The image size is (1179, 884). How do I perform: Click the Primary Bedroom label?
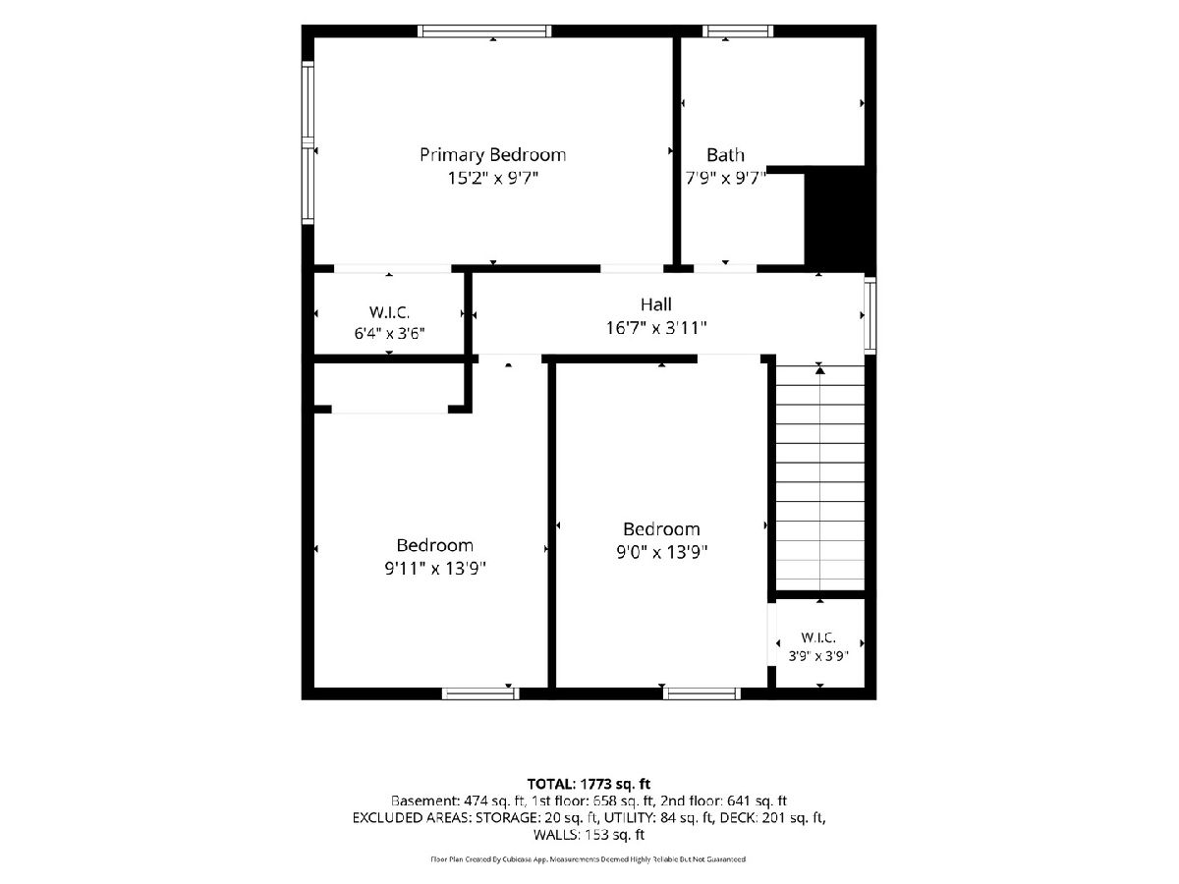coord(492,155)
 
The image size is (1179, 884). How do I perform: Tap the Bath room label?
coord(725,155)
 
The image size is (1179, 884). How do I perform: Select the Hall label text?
coord(656,304)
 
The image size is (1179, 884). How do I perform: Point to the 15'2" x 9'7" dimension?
coord(492,178)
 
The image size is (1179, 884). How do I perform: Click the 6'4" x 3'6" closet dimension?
coord(389,333)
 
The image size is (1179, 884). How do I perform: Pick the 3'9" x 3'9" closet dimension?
coord(818,656)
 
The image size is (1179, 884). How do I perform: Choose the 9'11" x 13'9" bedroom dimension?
coord(435,568)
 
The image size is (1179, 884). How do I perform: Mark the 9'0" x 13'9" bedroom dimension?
coord(661,552)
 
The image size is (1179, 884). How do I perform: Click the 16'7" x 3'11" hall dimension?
coord(656,327)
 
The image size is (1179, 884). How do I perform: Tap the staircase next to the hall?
coord(820,477)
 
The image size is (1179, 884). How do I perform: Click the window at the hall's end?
coord(870,315)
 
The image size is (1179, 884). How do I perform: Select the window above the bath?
coord(738,31)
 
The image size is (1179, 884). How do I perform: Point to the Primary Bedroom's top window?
coord(484,31)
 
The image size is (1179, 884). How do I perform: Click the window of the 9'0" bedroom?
coord(702,693)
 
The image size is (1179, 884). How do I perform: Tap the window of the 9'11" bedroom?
coord(480,693)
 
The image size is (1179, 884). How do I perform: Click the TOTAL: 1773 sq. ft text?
coord(589,784)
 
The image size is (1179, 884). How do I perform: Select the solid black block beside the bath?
coord(838,220)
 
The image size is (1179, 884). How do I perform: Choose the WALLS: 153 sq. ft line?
coord(589,835)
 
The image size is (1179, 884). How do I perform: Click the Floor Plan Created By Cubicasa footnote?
coord(589,859)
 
